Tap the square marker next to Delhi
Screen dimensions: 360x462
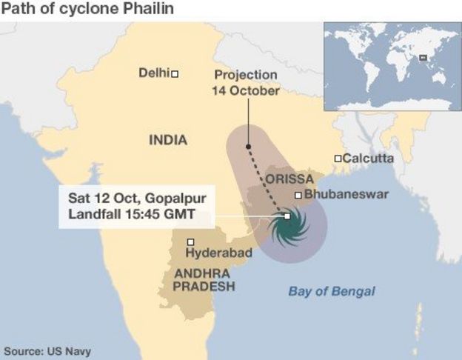(175, 73)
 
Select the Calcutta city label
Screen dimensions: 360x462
(369, 158)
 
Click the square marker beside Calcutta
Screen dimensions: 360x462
(338, 158)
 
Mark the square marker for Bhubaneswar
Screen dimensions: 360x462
(298, 195)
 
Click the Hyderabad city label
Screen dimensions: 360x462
(218, 253)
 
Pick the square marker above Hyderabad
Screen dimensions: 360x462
(191, 241)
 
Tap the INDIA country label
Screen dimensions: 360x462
(168, 139)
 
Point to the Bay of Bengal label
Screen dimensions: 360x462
(331, 291)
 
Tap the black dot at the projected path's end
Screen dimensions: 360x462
(249, 147)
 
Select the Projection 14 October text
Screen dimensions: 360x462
(246, 83)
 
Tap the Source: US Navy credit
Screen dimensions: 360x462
(48, 350)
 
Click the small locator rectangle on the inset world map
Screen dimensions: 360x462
(422, 57)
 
